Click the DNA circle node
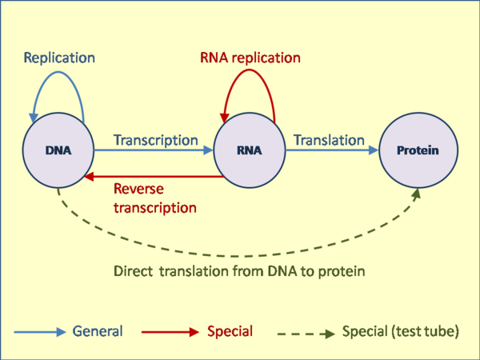(x=58, y=150)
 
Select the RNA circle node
(x=250, y=150)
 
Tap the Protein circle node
(x=418, y=150)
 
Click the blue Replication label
(x=59, y=58)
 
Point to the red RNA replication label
(x=250, y=58)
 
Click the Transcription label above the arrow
(x=156, y=140)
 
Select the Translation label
(x=329, y=140)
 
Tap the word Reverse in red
(x=138, y=189)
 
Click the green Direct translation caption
(x=239, y=271)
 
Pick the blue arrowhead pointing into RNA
(x=208, y=150)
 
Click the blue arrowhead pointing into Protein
(x=374, y=150)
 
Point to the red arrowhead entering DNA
(x=89, y=177)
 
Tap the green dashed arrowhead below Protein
(x=416, y=194)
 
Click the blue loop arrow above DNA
(x=58, y=72)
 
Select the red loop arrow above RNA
(x=250, y=70)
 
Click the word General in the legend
(x=98, y=331)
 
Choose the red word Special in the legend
(x=230, y=331)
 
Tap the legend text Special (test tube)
(x=401, y=331)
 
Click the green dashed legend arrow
(x=306, y=334)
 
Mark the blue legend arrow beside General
(x=40, y=332)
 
